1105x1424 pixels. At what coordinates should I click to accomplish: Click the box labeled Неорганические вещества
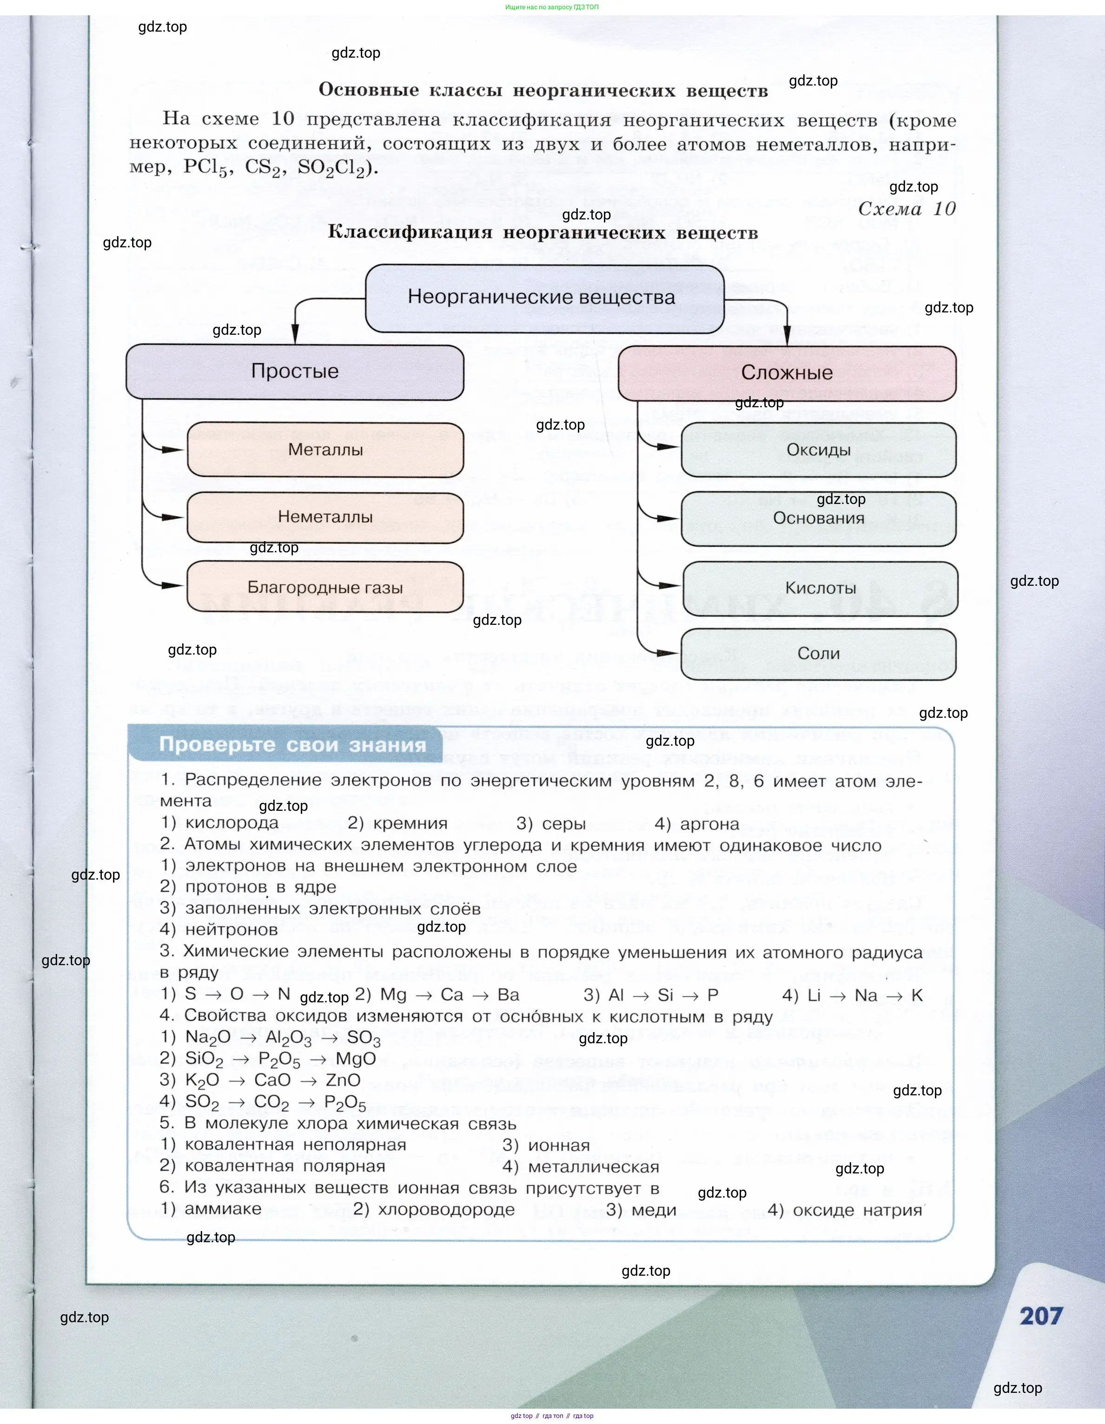click(x=544, y=298)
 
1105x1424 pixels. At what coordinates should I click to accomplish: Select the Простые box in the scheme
click(x=295, y=371)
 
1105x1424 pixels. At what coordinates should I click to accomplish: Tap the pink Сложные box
click(x=787, y=373)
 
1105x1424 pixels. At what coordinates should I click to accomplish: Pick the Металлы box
click(x=325, y=450)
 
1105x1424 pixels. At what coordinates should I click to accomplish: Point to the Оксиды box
click(x=819, y=450)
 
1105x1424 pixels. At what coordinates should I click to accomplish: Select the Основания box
click(x=819, y=518)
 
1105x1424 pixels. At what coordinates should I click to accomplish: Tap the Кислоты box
click(x=820, y=588)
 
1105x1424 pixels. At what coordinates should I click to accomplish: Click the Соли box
click(x=819, y=654)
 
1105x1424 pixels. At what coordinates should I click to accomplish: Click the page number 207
click(x=1041, y=1317)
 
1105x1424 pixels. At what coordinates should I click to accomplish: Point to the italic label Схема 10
click(x=907, y=209)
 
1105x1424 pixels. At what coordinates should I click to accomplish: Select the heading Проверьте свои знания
click(x=293, y=745)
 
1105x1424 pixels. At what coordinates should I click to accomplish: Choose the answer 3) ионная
click(x=546, y=1145)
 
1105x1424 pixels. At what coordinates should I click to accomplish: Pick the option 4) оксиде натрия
click(x=845, y=1210)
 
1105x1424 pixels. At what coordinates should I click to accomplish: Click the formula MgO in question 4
click(x=356, y=1059)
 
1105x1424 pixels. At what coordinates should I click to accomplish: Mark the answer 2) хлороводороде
click(x=434, y=1210)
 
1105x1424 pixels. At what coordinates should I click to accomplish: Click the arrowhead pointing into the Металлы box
click(x=173, y=450)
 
